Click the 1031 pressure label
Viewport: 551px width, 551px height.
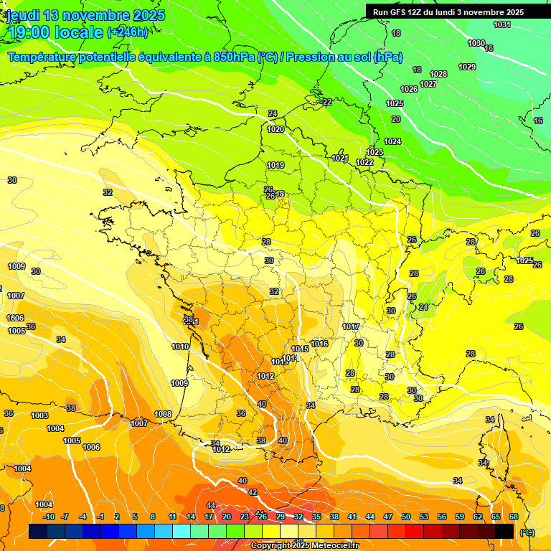click(x=501, y=25)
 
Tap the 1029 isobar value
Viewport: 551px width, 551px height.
click(x=467, y=67)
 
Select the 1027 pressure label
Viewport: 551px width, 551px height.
click(x=428, y=84)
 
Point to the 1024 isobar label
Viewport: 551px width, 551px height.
click(x=392, y=141)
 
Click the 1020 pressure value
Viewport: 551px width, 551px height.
click(x=275, y=130)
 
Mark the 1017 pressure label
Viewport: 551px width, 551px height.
click(x=351, y=326)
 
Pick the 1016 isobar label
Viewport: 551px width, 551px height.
click(x=319, y=344)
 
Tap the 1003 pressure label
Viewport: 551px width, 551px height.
click(x=39, y=415)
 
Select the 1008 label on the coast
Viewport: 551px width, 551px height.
click(x=163, y=414)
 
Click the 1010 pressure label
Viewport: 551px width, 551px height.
click(x=180, y=347)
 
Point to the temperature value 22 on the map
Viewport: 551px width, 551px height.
click(x=327, y=102)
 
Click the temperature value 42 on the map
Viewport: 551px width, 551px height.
click(x=253, y=492)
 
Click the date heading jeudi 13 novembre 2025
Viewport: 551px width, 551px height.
click(x=85, y=15)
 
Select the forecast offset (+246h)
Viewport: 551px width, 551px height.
click(x=128, y=32)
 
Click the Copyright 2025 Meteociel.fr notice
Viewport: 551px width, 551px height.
click(x=305, y=546)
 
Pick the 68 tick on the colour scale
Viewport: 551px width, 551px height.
click(x=514, y=517)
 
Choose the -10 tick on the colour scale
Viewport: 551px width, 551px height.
click(x=49, y=517)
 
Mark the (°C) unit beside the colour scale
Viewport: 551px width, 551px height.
click(x=527, y=532)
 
